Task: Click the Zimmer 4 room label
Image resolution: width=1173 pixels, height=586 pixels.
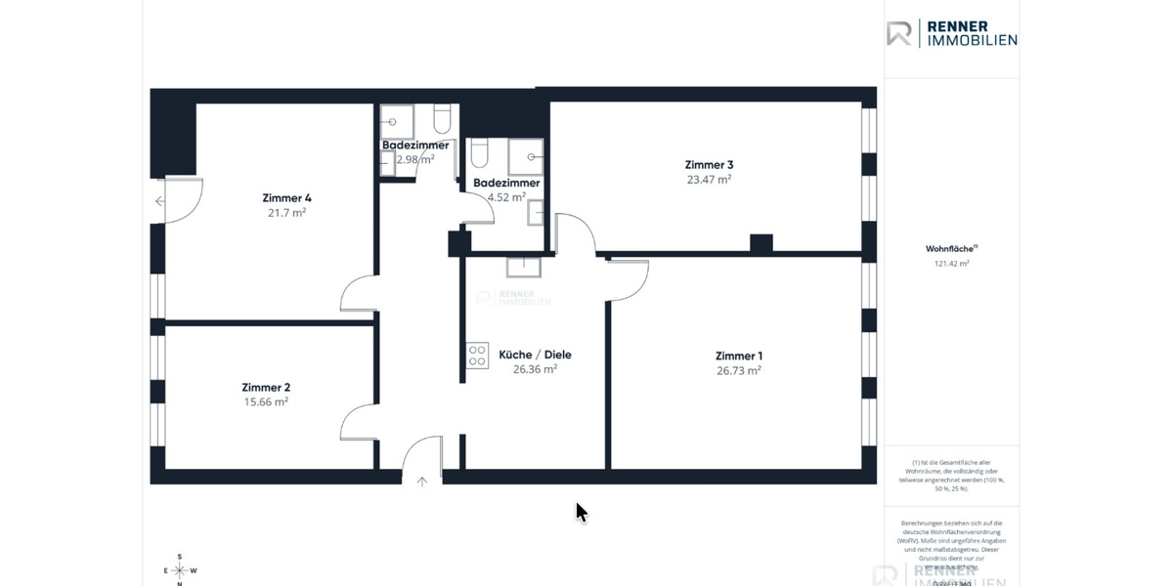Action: [286, 197]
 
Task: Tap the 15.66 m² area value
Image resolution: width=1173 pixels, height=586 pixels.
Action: [265, 401]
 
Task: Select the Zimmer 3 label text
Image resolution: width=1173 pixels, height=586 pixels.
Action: [709, 164]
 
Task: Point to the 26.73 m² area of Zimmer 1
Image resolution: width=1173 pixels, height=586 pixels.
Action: [738, 370]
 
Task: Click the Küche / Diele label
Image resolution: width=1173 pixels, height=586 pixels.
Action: [535, 355]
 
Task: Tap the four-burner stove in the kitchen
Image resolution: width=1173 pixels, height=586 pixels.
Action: [477, 356]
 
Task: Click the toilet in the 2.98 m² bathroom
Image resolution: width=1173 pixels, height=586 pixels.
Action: [442, 119]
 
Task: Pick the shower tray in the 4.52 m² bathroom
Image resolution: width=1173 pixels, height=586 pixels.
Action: [526, 156]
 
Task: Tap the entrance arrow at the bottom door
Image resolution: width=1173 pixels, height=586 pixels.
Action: [422, 480]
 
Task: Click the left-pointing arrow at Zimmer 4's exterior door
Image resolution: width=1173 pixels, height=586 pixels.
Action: [159, 202]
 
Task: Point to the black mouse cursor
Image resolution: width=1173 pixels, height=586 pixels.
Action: [581, 512]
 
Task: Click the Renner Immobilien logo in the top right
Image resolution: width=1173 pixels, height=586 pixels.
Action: [951, 33]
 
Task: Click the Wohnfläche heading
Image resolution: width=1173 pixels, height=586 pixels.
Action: [950, 249]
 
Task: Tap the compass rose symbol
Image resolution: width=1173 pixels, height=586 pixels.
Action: [180, 570]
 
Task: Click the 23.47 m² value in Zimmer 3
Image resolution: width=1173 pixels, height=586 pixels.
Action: [709, 179]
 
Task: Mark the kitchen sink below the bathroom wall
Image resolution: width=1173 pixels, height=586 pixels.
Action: [525, 266]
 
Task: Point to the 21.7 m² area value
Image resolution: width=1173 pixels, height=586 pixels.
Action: [286, 212]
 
